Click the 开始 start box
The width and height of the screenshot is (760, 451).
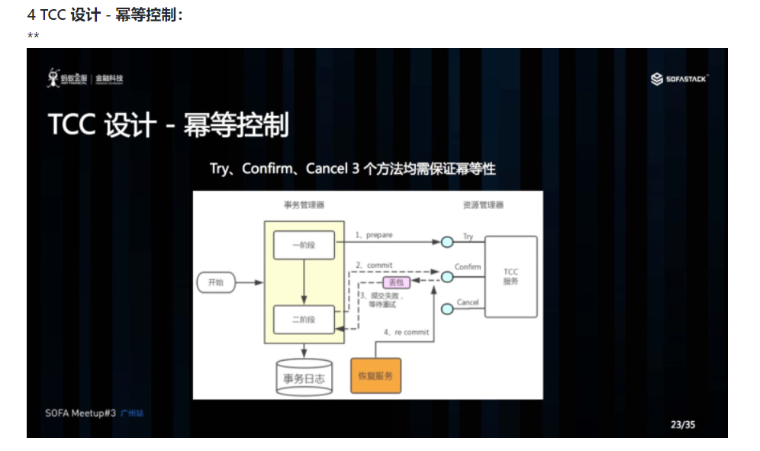point(215,282)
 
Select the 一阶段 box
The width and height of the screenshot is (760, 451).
point(304,245)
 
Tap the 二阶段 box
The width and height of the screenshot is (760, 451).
point(304,320)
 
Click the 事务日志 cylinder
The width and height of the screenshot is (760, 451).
point(304,378)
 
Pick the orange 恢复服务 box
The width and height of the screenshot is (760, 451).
point(375,375)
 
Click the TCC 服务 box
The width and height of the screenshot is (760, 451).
point(510,276)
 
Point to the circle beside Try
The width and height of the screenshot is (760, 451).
point(447,243)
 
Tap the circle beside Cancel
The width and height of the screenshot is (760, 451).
point(447,309)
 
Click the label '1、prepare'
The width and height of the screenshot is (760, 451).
point(374,235)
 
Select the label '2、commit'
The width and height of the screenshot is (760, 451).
point(374,265)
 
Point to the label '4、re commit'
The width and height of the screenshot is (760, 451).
point(406,332)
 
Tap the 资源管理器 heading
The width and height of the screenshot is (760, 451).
point(483,205)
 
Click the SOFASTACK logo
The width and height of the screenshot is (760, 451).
point(680,79)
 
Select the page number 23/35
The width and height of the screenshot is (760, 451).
point(683,424)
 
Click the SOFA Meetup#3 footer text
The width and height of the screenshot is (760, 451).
point(80,413)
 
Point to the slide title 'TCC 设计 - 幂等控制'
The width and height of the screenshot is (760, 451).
point(169,125)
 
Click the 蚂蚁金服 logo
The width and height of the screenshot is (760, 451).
point(85,79)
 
